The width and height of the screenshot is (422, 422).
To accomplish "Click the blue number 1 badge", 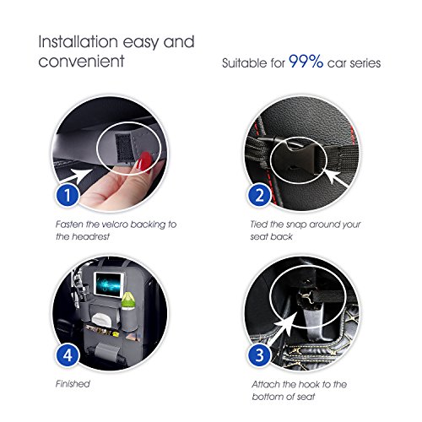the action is (x=68, y=195).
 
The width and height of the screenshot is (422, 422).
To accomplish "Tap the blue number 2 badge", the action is (x=260, y=195).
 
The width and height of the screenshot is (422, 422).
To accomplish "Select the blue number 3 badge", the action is (x=260, y=355).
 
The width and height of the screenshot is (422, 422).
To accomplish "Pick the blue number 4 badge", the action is (x=68, y=355).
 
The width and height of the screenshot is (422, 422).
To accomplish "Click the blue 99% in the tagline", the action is (x=306, y=61).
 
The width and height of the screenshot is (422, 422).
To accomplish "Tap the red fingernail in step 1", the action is (x=144, y=160).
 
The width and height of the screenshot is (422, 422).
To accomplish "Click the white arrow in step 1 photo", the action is (x=78, y=177).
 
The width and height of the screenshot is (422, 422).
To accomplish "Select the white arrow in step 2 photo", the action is (x=336, y=178).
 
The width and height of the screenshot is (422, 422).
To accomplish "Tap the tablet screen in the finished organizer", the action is (x=110, y=284).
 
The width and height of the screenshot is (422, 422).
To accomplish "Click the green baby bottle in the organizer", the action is (x=127, y=300).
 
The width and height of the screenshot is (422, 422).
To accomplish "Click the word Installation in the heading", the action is (x=78, y=41).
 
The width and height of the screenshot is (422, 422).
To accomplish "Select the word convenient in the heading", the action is (x=81, y=62).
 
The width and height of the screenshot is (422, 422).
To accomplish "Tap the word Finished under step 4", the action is (x=73, y=384).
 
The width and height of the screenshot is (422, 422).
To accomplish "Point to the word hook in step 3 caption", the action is (x=309, y=384).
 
